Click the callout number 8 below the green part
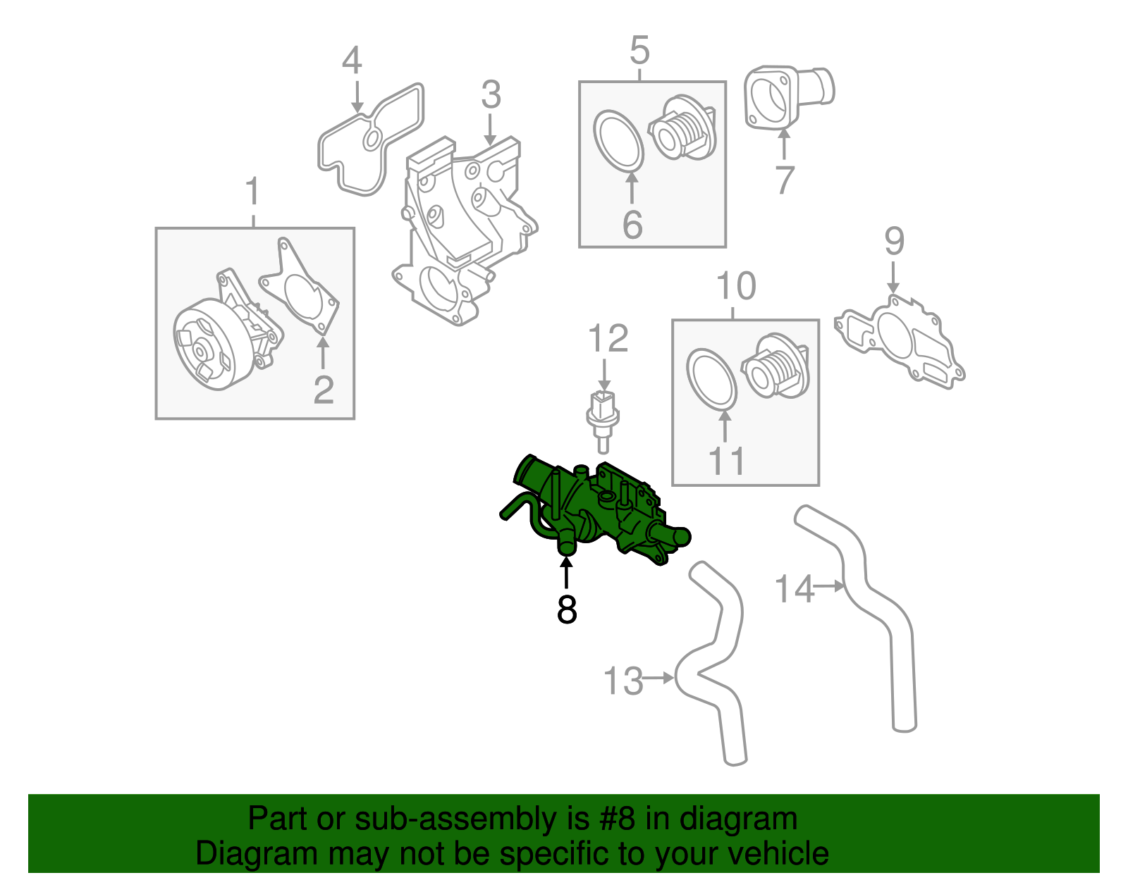click(566, 610)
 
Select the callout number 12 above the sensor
click(607, 339)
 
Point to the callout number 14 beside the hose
click(794, 588)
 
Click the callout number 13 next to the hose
click(623, 681)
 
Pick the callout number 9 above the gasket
click(894, 242)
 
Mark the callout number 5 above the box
click(639, 51)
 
